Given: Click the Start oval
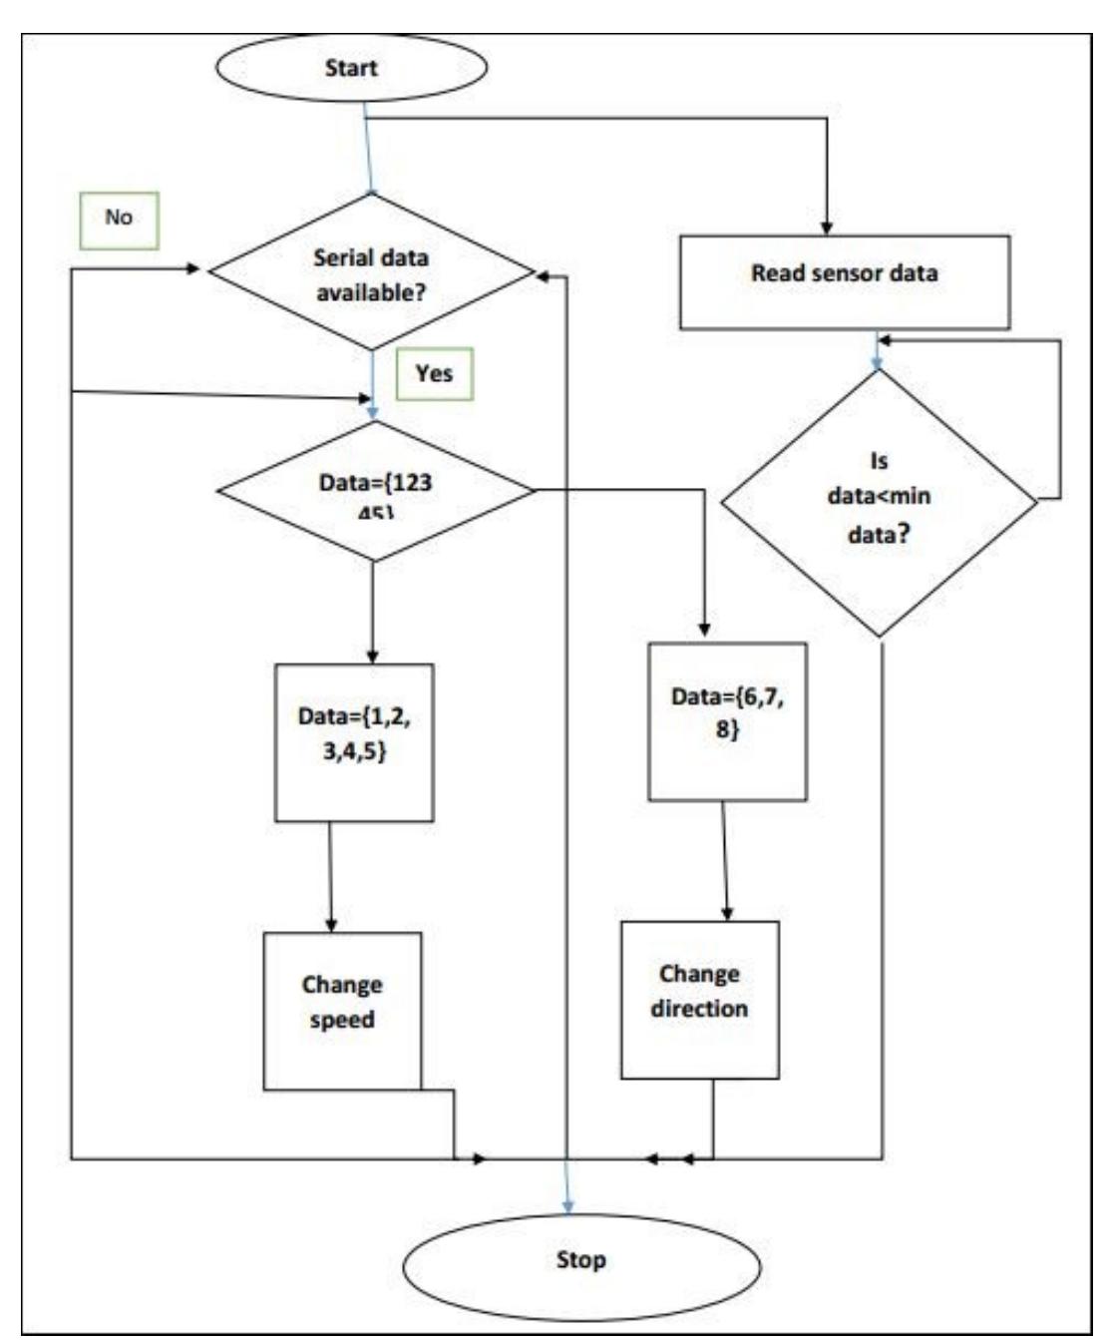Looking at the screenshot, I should [350, 68].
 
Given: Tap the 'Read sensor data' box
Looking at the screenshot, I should [844, 282].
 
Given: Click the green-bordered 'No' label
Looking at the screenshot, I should [119, 218].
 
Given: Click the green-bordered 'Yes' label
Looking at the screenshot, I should [434, 374].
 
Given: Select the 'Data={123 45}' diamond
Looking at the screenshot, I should [375, 491].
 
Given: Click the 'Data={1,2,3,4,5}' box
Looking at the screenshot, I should [354, 742].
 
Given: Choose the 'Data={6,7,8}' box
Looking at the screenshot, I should [727, 721].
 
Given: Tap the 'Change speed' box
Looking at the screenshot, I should [342, 1010].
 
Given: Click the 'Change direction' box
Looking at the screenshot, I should [699, 999].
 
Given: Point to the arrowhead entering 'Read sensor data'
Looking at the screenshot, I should [827, 227].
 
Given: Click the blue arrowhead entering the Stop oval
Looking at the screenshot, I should [567, 1206].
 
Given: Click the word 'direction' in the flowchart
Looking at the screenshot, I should [699, 1009].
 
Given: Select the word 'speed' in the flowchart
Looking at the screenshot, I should [342, 1021].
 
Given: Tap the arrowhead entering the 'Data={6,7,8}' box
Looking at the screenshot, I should [704, 631].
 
